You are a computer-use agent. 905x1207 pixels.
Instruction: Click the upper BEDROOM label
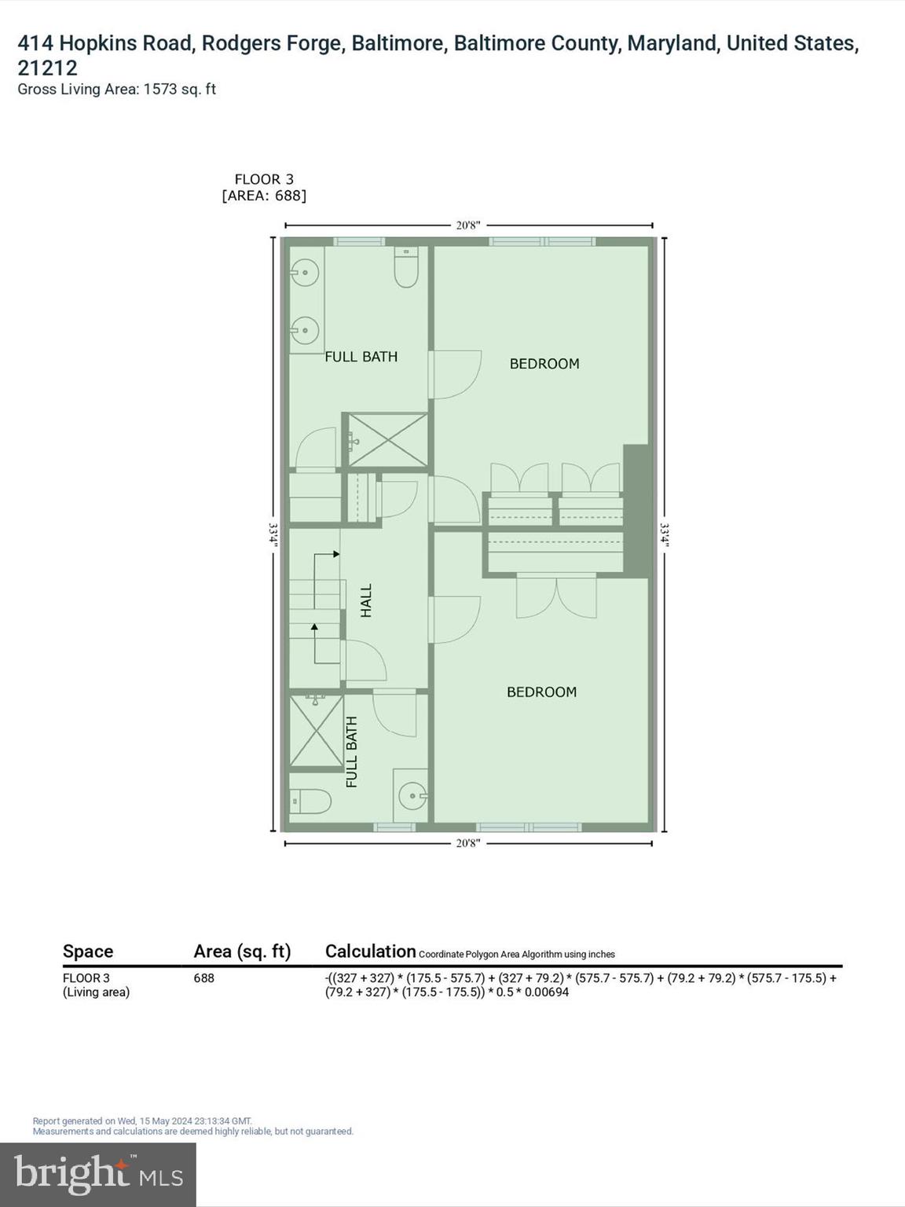[x=544, y=364]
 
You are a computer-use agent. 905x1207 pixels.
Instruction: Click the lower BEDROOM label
[x=541, y=692]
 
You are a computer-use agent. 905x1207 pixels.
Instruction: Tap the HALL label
[x=366, y=600]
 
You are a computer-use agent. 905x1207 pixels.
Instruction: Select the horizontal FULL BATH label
[x=361, y=357]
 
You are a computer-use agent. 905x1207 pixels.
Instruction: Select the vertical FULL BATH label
[x=352, y=752]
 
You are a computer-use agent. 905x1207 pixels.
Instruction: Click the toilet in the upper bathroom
[x=406, y=269]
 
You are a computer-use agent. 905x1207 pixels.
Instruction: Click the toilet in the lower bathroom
[x=310, y=802]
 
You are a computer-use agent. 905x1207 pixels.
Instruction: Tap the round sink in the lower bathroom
[x=412, y=797]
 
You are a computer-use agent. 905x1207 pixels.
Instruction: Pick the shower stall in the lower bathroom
[x=317, y=731]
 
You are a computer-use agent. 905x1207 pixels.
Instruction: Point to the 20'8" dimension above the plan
[x=468, y=226]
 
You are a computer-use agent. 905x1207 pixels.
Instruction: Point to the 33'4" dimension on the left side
[x=273, y=534]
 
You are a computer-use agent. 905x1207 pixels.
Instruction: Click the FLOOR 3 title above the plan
[x=264, y=179]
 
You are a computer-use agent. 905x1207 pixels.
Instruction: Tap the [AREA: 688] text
[x=264, y=196]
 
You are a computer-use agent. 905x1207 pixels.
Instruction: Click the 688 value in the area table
[x=204, y=978]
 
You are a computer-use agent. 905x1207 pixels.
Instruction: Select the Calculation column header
[x=370, y=952]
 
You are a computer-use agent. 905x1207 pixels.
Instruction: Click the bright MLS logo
[x=98, y=1174]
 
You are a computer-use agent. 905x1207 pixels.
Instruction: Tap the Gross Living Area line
[x=116, y=90]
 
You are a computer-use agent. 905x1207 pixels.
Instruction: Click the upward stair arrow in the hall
[x=315, y=629]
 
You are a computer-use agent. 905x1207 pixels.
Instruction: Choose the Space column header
[x=88, y=952]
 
